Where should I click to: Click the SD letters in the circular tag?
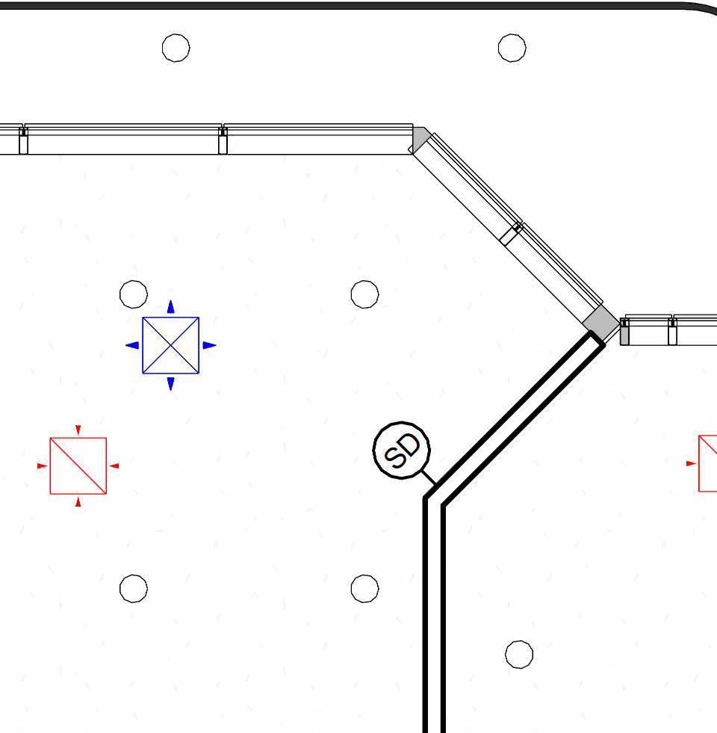pyautogui.click(x=402, y=449)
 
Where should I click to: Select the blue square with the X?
pyautogui.click(x=171, y=345)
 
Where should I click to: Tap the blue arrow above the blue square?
pyautogui.click(x=171, y=306)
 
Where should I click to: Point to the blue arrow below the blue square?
pyautogui.click(x=171, y=384)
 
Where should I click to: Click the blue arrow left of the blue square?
pyautogui.click(x=132, y=345)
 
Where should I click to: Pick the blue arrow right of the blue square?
pyautogui.click(x=210, y=345)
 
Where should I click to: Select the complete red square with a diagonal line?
pyautogui.click(x=78, y=466)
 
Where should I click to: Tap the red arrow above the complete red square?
pyautogui.click(x=78, y=430)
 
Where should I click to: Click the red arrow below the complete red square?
pyautogui.click(x=78, y=502)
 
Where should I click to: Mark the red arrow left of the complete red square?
pyautogui.click(x=42, y=466)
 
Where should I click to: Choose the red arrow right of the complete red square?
pyautogui.click(x=114, y=466)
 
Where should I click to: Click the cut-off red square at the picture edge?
pyautogui.click(x=708, y=463)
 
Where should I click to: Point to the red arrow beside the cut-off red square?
pyautogui.click(x=690, y=463)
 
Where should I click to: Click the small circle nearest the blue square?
pyautogui.click(x=134, y=294)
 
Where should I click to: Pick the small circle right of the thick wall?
pyautogui.click(x=519, y=655)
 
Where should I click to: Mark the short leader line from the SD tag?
pyautogui.click(x=428, y=474)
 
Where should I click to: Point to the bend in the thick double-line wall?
pyautogui.click(x=434, y=499)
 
